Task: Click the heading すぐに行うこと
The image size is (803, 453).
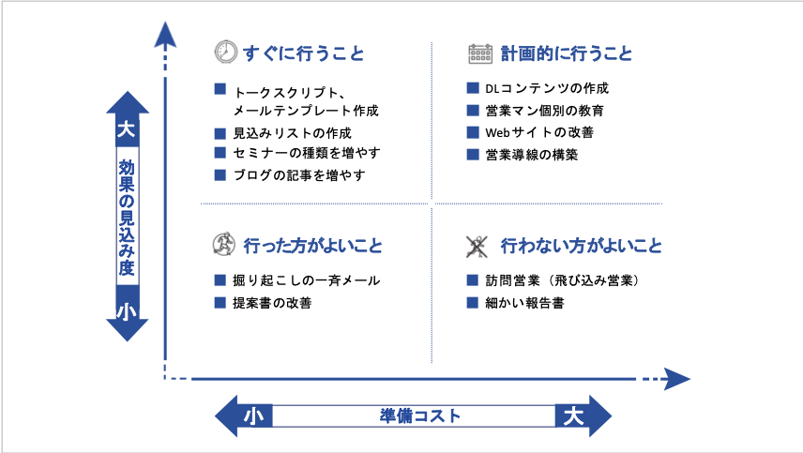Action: click(303, 54)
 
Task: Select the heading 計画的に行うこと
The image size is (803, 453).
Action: click(566, 54)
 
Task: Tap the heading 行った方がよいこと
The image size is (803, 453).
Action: click(312, 247)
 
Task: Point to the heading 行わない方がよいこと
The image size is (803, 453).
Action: click(581, 247)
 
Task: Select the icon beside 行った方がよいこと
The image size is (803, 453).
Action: click(223, 246)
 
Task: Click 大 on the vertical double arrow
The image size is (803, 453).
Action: click(127, 128)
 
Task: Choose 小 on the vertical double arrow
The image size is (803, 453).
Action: click(127, 312)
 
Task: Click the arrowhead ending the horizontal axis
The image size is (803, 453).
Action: click(676, 379)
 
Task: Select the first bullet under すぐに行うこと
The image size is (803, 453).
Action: click(220, 89)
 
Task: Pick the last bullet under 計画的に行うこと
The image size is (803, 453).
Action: click(473, 154)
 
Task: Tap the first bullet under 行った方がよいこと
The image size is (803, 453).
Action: click(220, 279)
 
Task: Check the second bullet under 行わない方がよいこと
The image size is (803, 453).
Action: click(473, 302)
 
